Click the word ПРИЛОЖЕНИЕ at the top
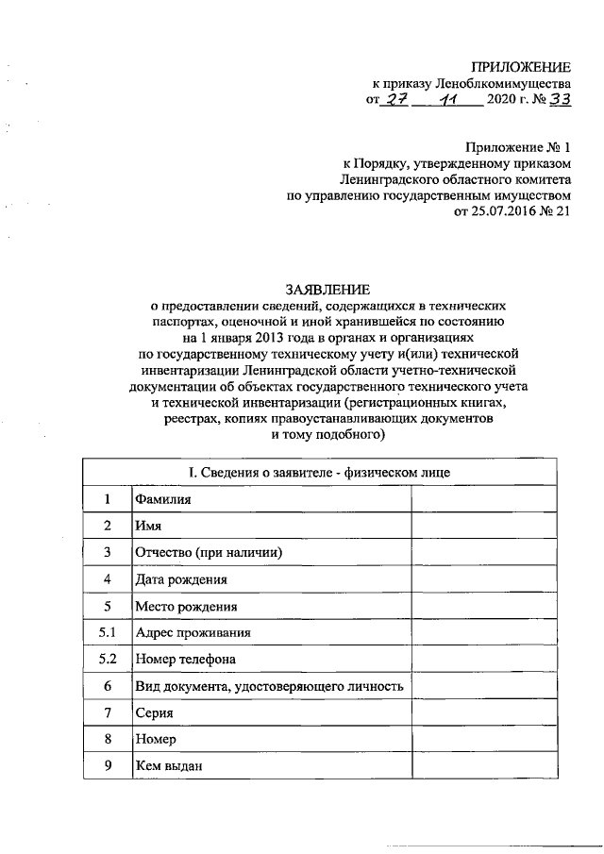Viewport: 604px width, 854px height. (x=521, y=66)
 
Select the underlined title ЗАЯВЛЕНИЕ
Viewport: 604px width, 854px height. (x=327, y=288)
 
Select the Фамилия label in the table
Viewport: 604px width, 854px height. (x=162, y=499)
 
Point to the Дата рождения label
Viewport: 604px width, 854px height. (x=181, y=579)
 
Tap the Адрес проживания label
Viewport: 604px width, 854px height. (x=193, y=632)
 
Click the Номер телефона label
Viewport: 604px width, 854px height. (x=185, y=659)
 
